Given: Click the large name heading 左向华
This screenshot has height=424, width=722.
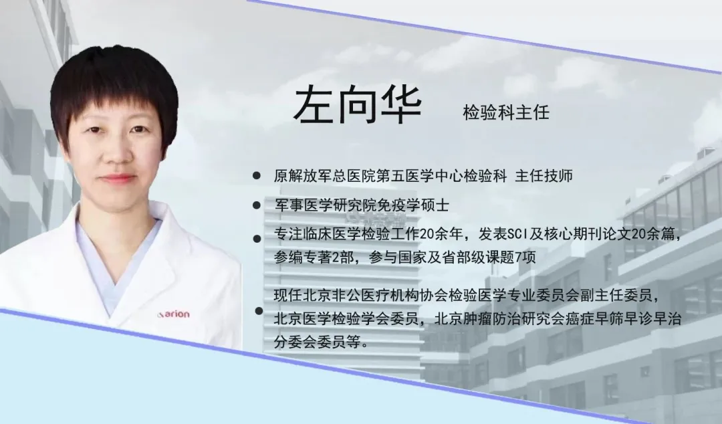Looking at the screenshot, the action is coord(357,106).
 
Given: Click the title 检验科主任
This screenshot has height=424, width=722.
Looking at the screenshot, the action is coord(506,112).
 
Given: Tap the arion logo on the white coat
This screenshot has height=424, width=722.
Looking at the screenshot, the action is coord(173,314).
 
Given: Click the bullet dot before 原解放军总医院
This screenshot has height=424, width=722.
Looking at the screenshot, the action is coord(257,175).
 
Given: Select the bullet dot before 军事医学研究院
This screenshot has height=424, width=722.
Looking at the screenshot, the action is coord(257,205).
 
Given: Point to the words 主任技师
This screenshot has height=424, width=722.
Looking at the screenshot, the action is coord(544,176).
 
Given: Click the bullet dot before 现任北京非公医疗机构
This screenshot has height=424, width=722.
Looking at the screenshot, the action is coord(259,312).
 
